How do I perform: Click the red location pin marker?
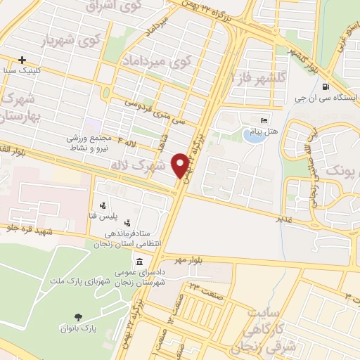[x=181, y=165]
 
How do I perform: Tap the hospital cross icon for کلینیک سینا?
[x=22, y=60]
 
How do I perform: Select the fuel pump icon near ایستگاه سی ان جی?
[x=324, y=88]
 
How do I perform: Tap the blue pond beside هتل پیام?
[x=252, y=134]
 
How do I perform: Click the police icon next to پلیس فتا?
[x=103, y=206]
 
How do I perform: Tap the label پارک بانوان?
[x=78, y=328]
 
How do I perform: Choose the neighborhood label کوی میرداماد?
[x=185, y=61]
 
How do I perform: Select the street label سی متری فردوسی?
[x=156, y=111]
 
